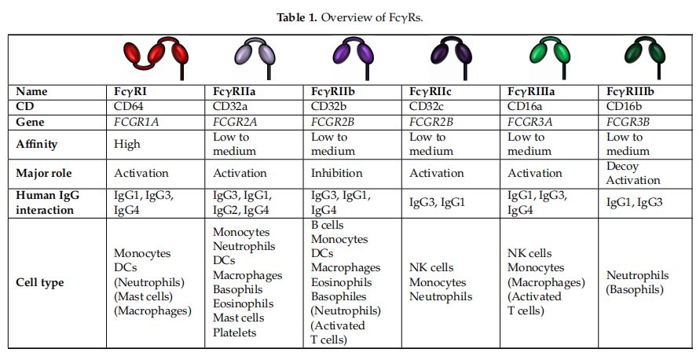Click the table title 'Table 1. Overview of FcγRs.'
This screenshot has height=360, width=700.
350,17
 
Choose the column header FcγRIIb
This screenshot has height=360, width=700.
337,91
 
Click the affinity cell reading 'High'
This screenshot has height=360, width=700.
127,144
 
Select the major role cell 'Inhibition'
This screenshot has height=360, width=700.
337,173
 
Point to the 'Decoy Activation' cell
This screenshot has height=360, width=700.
633,173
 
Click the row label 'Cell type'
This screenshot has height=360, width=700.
40,283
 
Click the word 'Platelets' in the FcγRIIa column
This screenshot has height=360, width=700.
236,332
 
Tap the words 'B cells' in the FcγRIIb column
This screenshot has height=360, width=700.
328,225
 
